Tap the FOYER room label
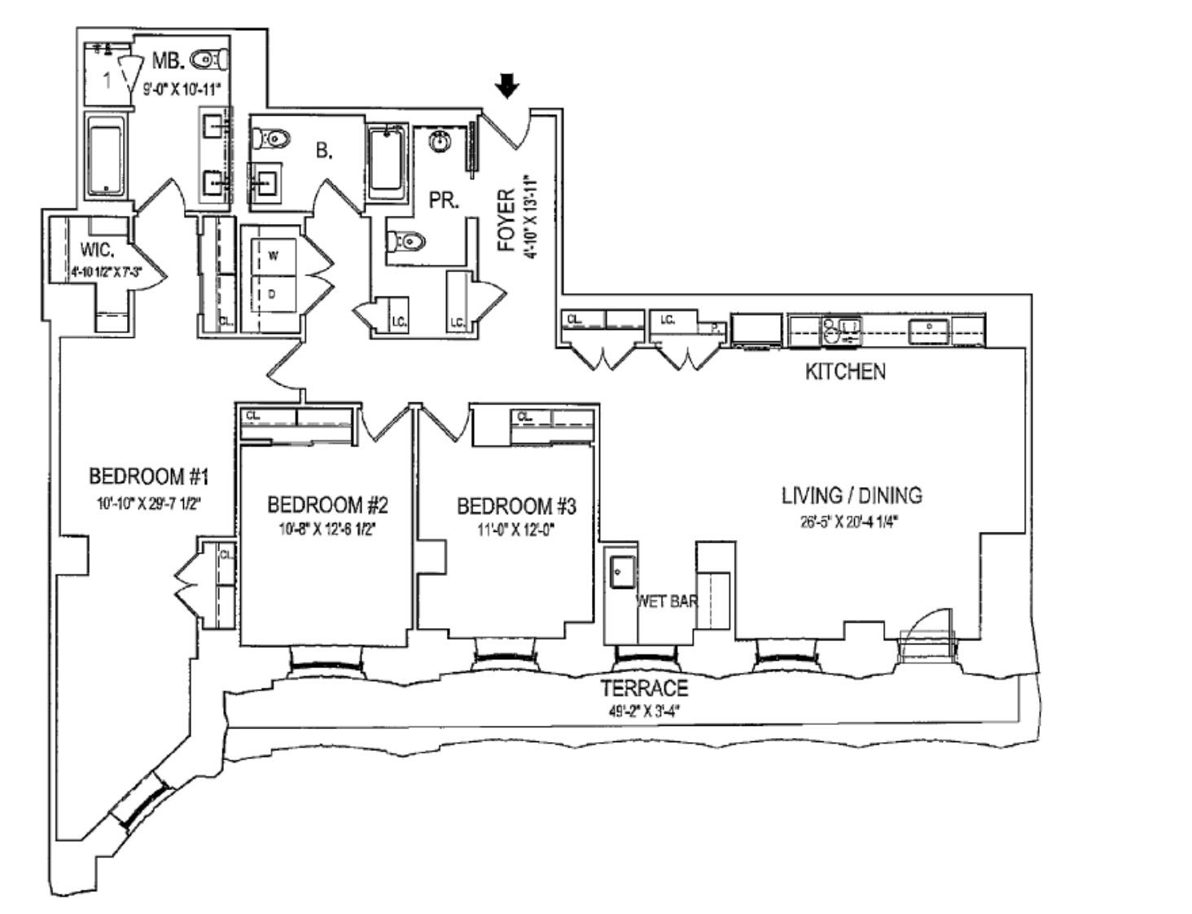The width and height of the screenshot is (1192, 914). click(506, 219)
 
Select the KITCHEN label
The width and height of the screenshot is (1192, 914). click(844, 371)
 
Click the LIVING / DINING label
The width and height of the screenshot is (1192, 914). click(852, 495)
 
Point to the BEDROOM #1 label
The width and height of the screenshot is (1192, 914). click(150, 476)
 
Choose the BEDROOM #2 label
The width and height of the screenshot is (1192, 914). click(327, 505)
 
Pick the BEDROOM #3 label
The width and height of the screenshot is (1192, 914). click(516, 506)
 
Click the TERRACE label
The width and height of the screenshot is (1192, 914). click(644, 688)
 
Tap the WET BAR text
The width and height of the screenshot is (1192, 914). click(667, 602)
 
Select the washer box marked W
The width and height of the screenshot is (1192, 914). click(273, 256)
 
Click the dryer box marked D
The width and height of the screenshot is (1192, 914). click(273, 294)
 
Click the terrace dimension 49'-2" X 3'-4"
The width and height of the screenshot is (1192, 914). click(644, 710)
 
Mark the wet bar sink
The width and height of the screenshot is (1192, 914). click(622, 571)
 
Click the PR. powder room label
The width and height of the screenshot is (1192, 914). click(444, 200)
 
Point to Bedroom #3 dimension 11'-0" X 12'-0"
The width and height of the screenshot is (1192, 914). click(516, 528)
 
